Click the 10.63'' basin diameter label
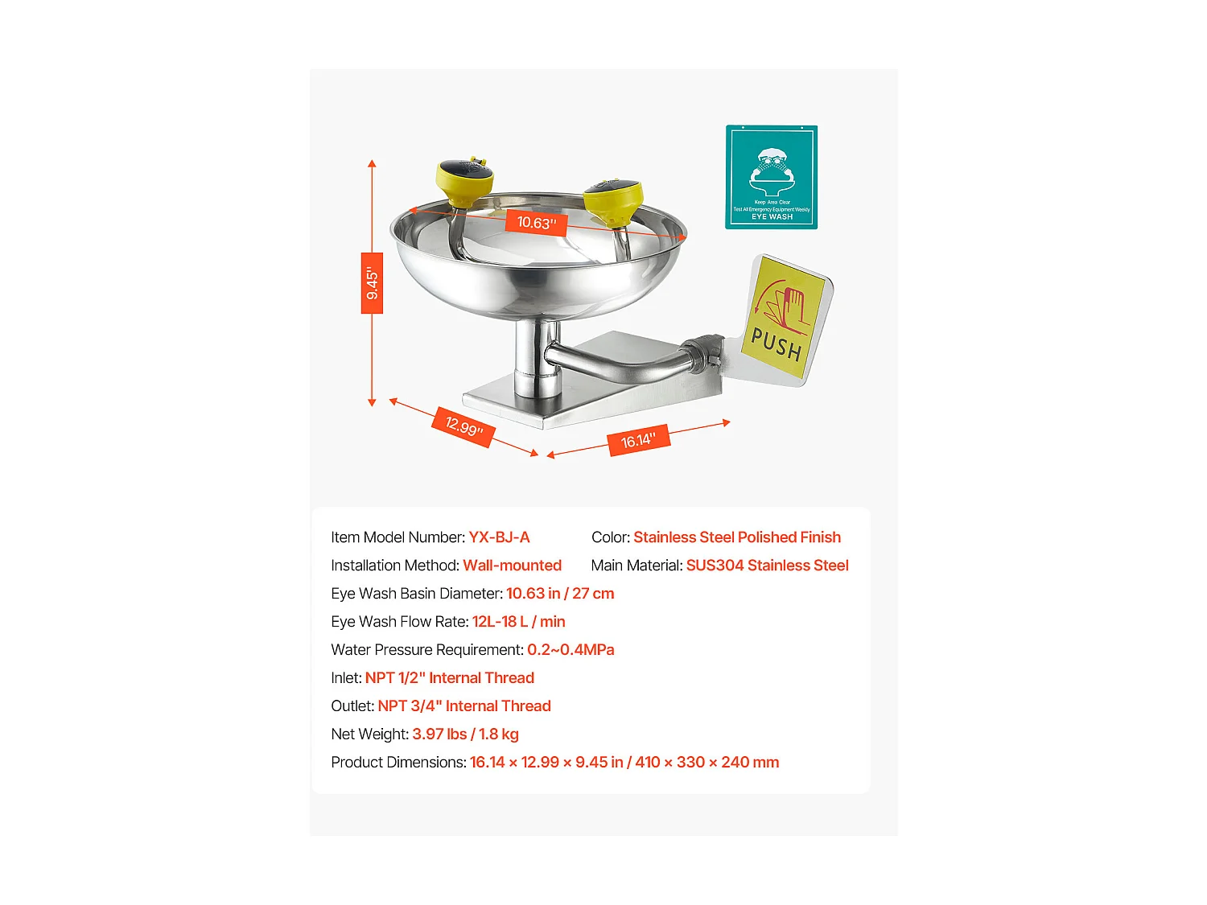536,223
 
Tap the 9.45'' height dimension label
372,283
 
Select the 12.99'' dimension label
464,427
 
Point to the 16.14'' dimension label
638,440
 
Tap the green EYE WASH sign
771,177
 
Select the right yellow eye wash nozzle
613,200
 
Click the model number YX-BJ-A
499,537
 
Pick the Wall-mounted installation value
512,566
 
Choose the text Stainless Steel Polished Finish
736,537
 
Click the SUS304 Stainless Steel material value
767,566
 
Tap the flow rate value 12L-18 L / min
518,622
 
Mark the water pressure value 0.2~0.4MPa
571,650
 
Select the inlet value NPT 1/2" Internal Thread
449,678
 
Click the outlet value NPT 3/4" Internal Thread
464,706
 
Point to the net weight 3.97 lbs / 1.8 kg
465,734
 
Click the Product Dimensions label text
398,763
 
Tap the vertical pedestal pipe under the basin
535,358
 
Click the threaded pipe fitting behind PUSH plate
706,353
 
